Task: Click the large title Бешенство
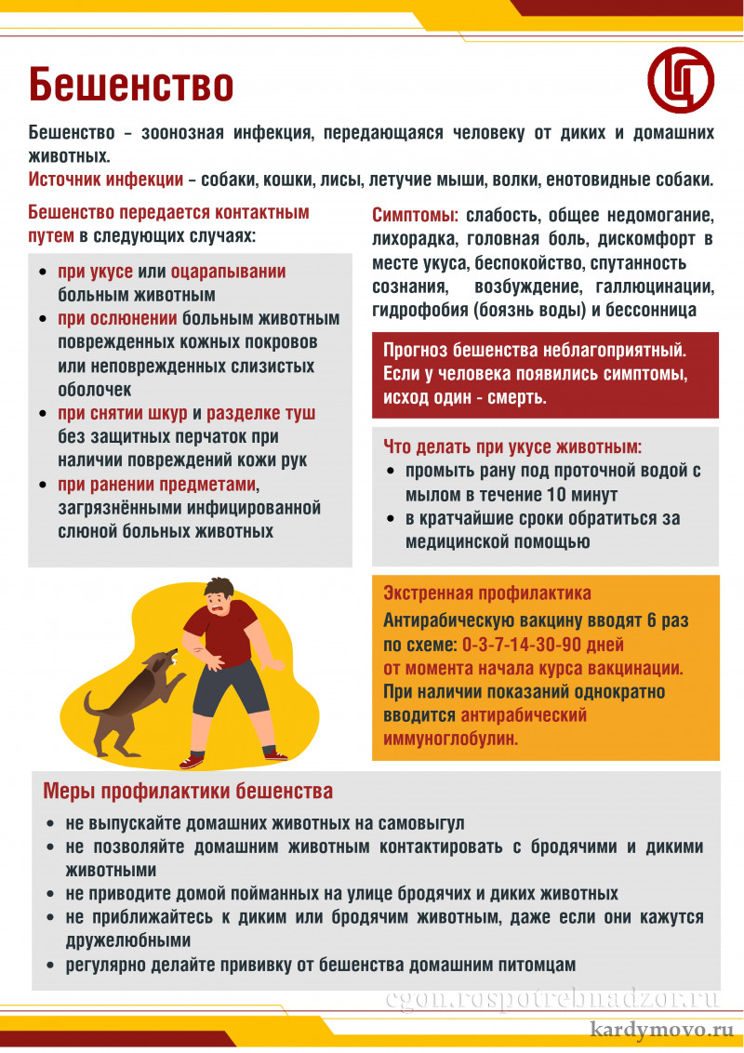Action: point(130,85)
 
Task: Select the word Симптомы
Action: point(415,216)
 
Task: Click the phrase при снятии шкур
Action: point(123,413)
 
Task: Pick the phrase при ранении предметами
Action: point(157,485)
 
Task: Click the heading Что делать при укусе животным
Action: point(512,447)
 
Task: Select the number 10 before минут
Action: point(560,494)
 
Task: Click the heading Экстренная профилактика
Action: point(487,593)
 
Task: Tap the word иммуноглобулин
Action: point(450,739)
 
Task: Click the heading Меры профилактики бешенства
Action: point(188,792)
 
